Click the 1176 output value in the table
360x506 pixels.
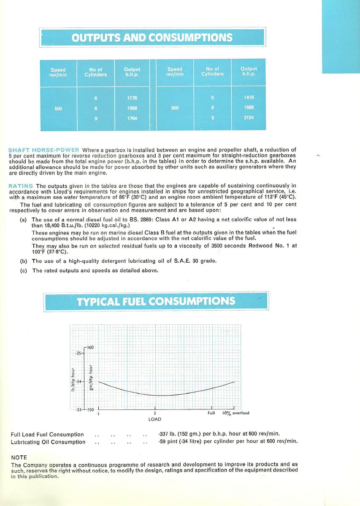coord(132,98)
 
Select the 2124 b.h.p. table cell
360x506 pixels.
coord(249,117)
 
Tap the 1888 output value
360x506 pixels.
coord(249,108)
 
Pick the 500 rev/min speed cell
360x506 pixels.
coord(58,108)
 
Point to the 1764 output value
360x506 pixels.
coord(132,118)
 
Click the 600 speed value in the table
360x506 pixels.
coord(175,108)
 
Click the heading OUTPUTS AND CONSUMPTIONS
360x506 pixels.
coord(152,38)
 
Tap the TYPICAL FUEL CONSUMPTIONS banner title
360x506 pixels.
coord(156,301)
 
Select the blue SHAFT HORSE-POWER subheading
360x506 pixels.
coord(44,150)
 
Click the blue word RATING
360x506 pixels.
coord(21,186)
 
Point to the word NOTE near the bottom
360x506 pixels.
coord(19,457)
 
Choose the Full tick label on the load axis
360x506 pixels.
coord(211,413)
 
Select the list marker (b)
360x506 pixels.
coord(24,261)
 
